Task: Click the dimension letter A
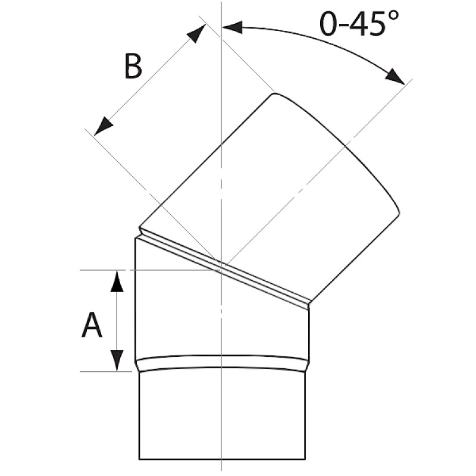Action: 91,326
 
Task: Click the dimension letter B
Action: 133,67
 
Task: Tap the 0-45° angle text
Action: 359,24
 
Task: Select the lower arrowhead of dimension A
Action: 117,359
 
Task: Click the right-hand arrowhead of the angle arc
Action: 395,77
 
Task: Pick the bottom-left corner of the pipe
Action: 139,459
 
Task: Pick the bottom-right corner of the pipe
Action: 305,459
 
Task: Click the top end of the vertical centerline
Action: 221,4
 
